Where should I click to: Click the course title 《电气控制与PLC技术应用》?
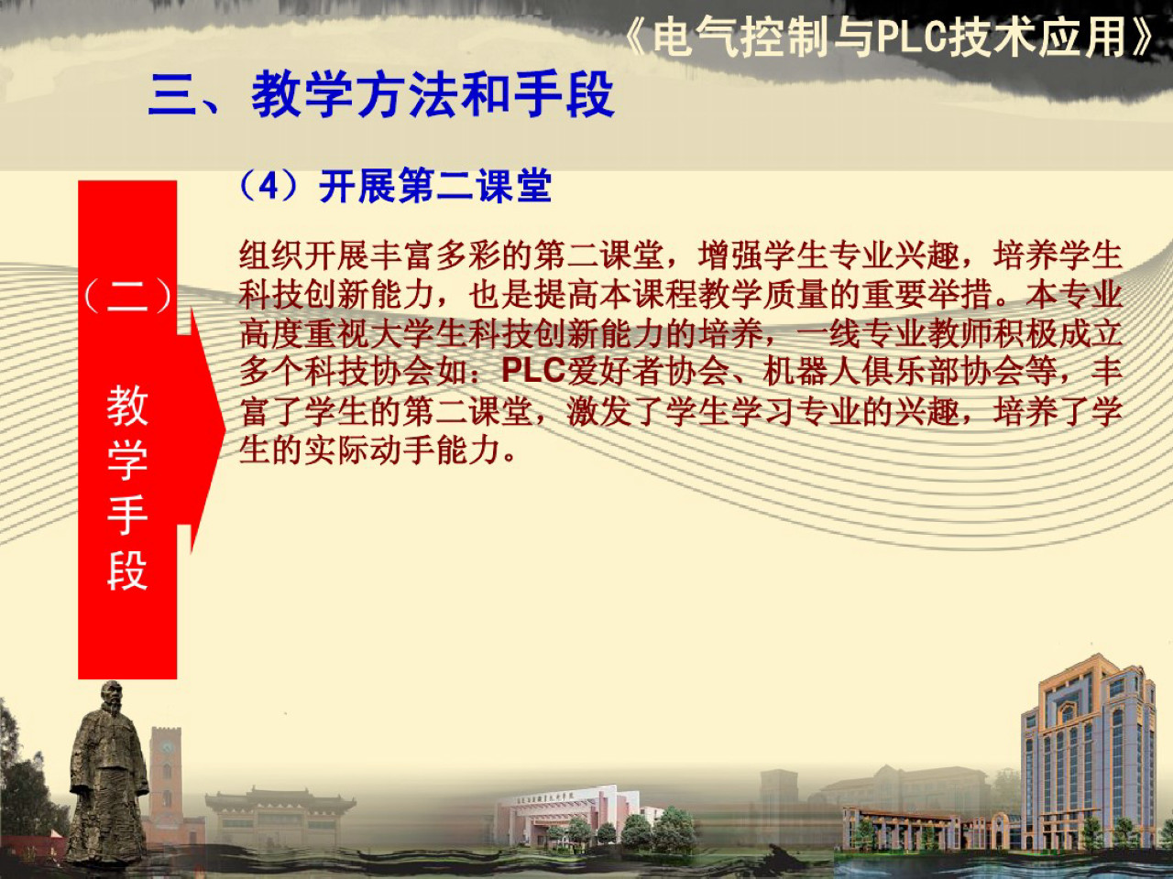pos(890,37)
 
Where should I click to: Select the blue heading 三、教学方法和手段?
pos(380,94)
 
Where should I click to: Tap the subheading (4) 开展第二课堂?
pos(395,186)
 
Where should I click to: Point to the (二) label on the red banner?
pos(127,296)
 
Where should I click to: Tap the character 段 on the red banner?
pos(127,570)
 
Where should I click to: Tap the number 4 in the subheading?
pos(269,186)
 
